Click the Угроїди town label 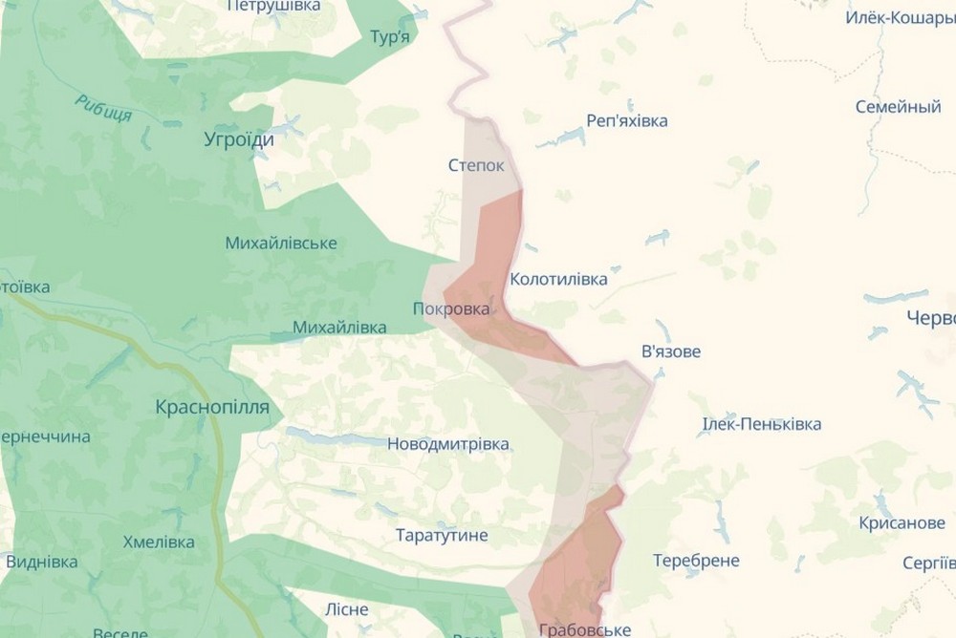pos(239,139)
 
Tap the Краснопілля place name pos(212,408)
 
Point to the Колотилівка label pos(558,280)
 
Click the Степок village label pos(475,165)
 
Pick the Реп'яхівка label pos(626,121)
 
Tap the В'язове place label pos(670,351)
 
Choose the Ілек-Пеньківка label pos(761,424)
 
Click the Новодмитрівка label pos(447,444)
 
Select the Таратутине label pos(442,535)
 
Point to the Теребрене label pos(695,560)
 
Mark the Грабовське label pos(584,629)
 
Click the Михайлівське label pos(281,244)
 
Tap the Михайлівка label pos(339,328)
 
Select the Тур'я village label pos(389,37)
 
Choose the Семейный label pos(898,107)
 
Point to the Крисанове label pos(876,522)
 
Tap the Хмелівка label pos(159,542)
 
